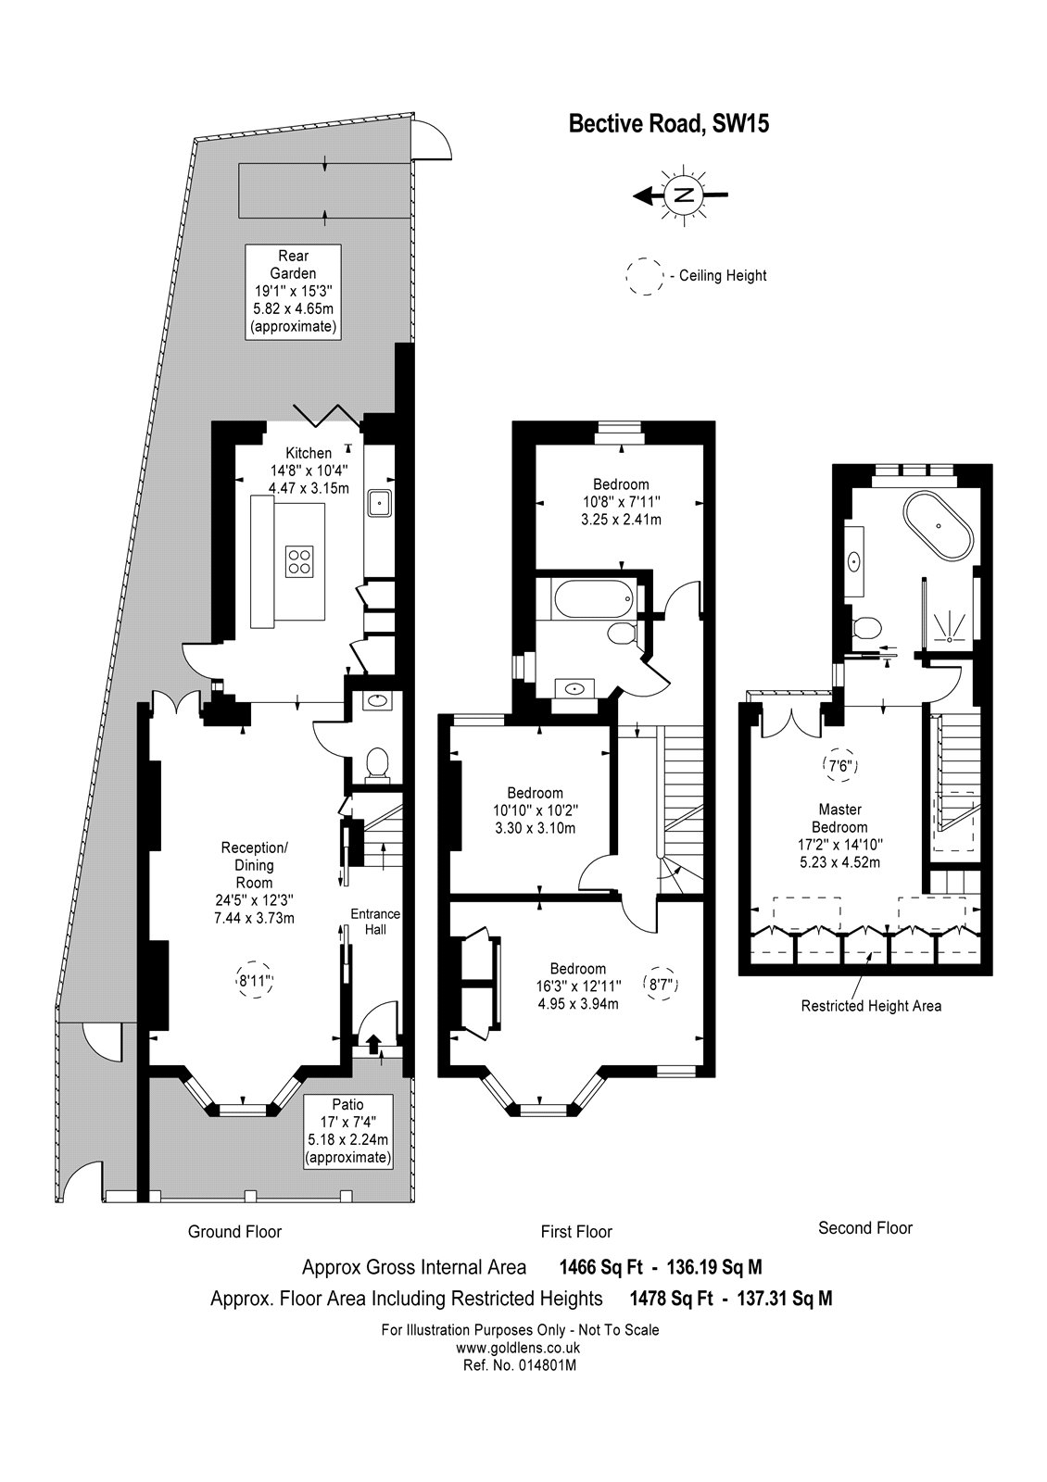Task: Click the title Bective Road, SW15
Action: (668, 124)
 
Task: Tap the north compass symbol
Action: (682, 195)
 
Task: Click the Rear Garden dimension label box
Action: (293, 292)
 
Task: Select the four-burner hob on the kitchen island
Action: (299, 561)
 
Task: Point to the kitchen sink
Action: (379, 503)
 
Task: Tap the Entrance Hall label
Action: (375, 922)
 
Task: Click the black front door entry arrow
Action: (373, 1044)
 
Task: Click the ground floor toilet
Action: (377, 763)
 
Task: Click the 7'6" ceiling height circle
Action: (839, 766)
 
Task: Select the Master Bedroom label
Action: (839, 818)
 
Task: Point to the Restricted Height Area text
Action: (871, 1006)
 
